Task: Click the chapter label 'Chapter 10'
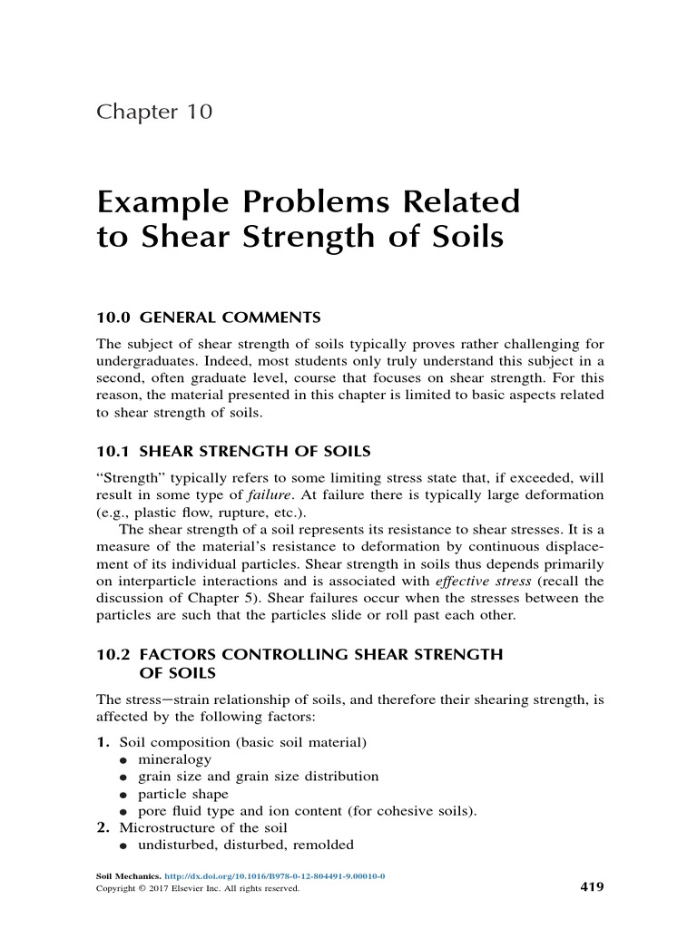click(x=154, y=112)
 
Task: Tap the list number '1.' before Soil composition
click(x=103, y=742)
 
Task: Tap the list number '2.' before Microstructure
click(x=103, y=828)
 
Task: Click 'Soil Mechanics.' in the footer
click(x=128, y=877)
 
